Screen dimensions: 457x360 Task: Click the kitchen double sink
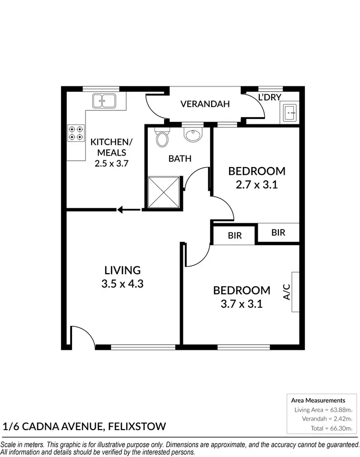click(103, 100)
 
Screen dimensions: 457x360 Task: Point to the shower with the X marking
click(164, 192)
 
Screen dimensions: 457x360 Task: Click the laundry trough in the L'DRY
click(290, 113)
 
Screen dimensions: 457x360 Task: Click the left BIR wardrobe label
click(234, 236)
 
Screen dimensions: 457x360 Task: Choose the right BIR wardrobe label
click(278, 232)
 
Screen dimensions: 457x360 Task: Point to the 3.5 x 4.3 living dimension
click(122, 284)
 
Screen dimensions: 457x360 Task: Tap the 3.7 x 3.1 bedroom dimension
click(241, 303)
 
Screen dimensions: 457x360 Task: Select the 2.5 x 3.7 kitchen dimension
click(111, 163)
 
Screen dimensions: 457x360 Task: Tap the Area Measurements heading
click(318, 400)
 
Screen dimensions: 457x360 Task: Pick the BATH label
click(180, 158)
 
